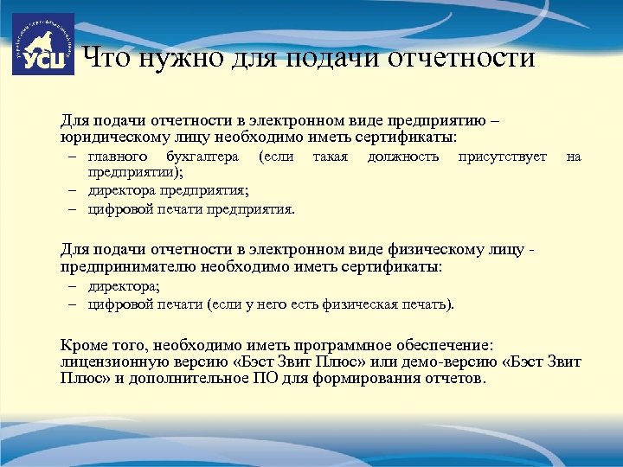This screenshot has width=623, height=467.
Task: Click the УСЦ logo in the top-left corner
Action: [43, 44]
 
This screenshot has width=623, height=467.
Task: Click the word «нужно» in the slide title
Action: [170, 59]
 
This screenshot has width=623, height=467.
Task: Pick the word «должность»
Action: [403, 157]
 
